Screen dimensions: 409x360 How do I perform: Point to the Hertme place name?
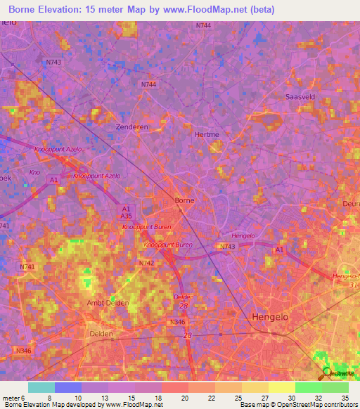tap(207, 132)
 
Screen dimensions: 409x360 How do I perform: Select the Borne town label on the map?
tap(184, 200)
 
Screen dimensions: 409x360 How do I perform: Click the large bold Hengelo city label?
tap(270, 317)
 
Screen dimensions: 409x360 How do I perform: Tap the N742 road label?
tap(146, 263)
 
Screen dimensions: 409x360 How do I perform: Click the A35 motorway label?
tap(127, 217)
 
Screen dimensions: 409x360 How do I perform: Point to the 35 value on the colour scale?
tap(345, 397)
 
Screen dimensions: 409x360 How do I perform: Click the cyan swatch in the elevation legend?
tap(41, 387)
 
